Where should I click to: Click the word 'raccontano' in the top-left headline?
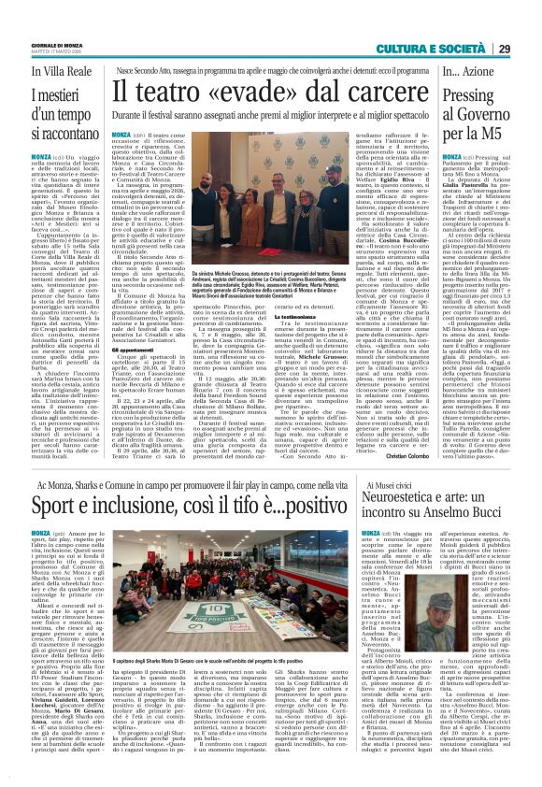click(x=61, y=134)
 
